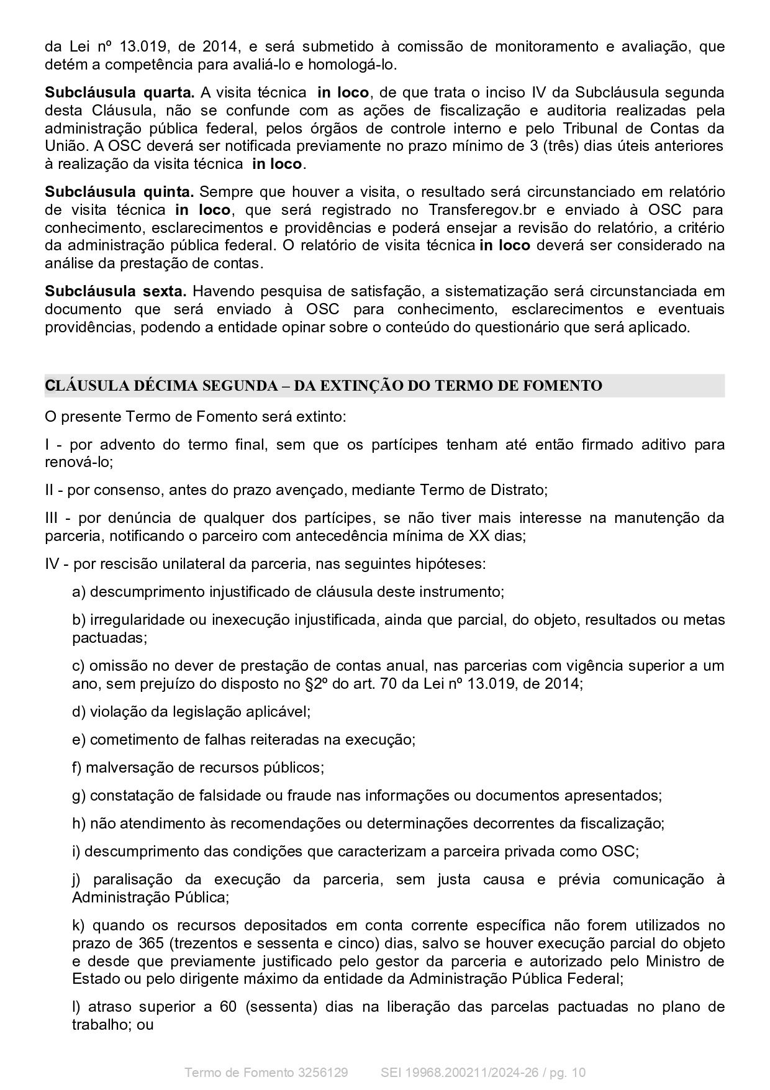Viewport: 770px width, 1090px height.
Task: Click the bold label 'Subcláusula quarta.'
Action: tap(119, 93)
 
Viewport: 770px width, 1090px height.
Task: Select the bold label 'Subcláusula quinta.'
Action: tap(119, 191)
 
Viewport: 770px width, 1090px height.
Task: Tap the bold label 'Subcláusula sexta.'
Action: tap(115, 291)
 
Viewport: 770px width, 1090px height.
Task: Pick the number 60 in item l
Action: tap(228, 1007)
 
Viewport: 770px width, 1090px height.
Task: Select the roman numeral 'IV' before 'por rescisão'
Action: tap(53, 564)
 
